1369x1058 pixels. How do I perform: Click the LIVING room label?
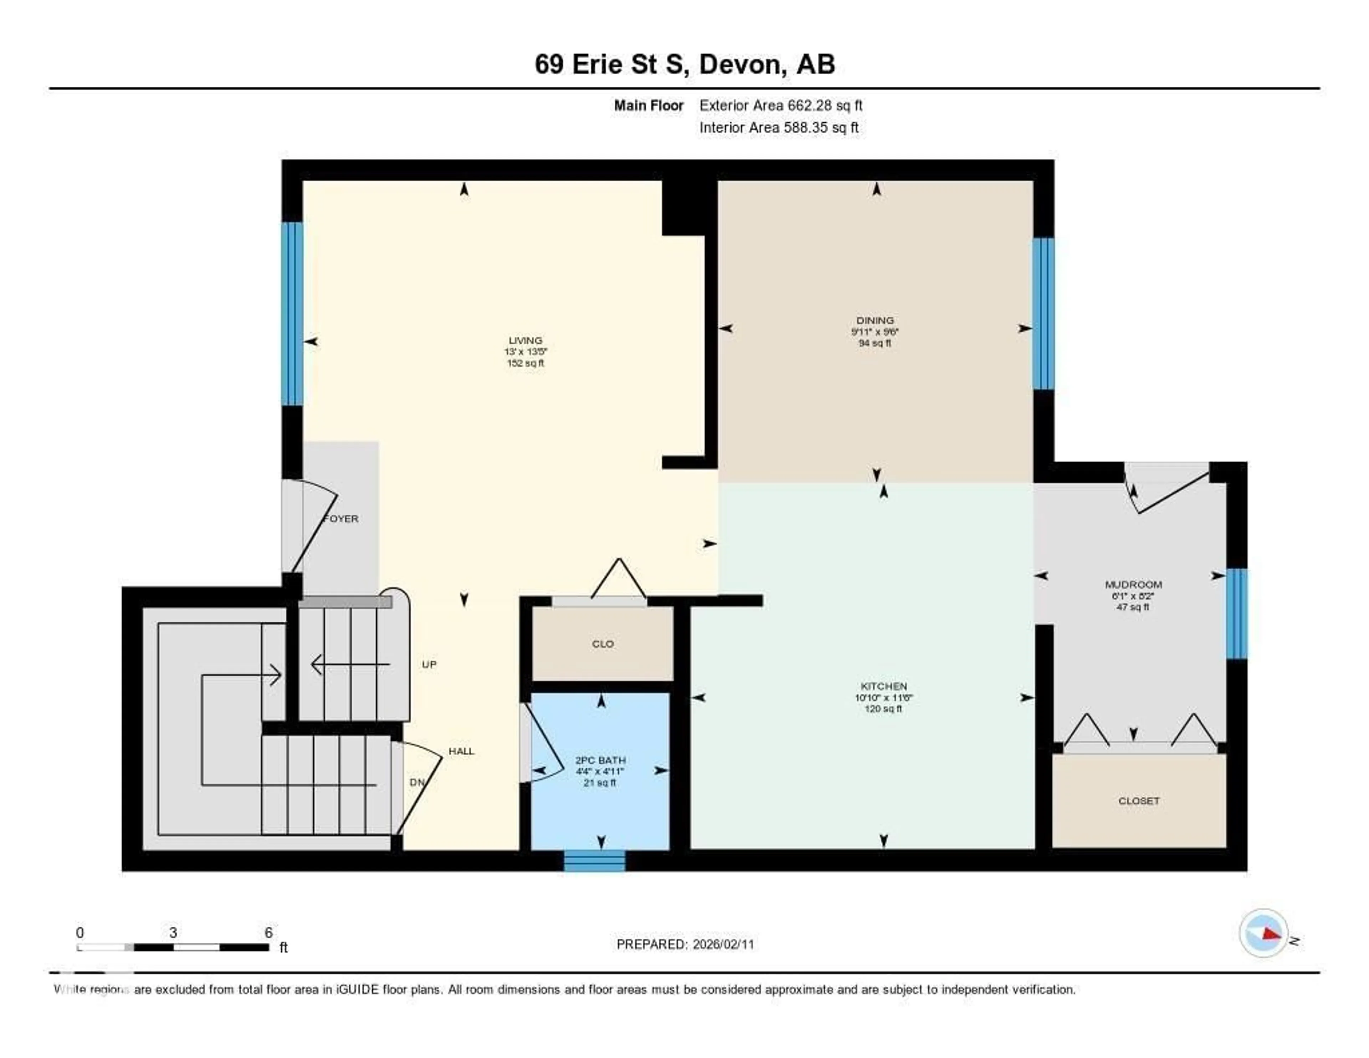[525, 341]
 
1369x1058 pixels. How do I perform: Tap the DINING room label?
[875, 320]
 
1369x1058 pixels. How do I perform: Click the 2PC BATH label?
[600, 760]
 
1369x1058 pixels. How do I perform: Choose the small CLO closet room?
[603, 644]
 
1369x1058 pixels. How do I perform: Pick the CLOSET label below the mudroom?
[1138, 801]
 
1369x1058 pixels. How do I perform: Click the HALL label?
[461, 751]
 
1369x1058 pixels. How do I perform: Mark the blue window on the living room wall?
[292, 314]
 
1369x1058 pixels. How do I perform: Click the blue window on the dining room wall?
[1043, 314]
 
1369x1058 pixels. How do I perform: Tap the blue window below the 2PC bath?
[594, 860]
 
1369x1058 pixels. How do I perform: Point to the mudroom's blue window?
[1236, 613]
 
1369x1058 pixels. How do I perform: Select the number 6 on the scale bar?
[268, 932]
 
